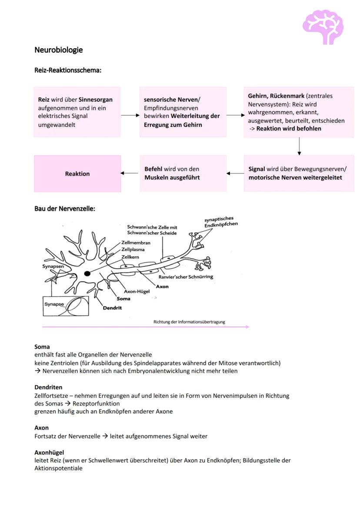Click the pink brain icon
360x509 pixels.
click(x=323, y=27)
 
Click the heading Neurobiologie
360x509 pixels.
click(x=58, y=50)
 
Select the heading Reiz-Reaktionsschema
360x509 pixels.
click(x=68, y=70)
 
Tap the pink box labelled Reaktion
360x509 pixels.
click(x=77, y=174)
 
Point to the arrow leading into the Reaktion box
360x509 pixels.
click(x=130, y=173)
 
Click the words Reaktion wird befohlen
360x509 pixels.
click(x=289, y=129)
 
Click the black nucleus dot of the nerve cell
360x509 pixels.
click(x=87, y=273)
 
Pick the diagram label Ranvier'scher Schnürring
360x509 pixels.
click(x=186, y=277)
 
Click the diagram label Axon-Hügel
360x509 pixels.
click(x=137, y=291)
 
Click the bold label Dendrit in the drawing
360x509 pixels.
click(x=112, y=308)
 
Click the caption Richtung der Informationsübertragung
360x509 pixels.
click(x=189, y=322)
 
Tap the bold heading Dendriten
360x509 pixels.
click(x=48, y=387)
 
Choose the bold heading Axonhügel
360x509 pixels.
click(x=49, y=452)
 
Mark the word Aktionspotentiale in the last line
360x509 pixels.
click(x=58, y=469)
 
